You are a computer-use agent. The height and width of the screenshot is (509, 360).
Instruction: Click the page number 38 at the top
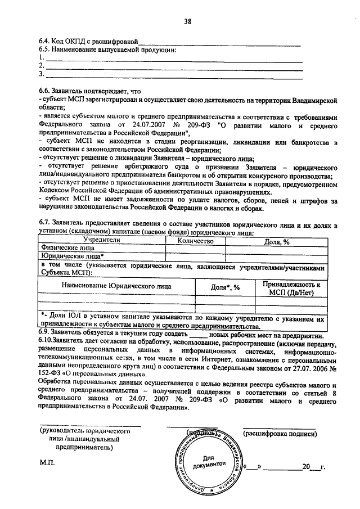pyautogui.click(x=187, y=22)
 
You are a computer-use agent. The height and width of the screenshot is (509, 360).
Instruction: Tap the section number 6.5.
pyautogui.click(x=44, y=49)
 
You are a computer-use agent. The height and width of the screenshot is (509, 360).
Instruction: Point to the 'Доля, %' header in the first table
pyautogui.click(x=277, y=241)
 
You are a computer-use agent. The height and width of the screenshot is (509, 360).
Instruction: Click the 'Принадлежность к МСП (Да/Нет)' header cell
pyautogui.click(x=294, y=288)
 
